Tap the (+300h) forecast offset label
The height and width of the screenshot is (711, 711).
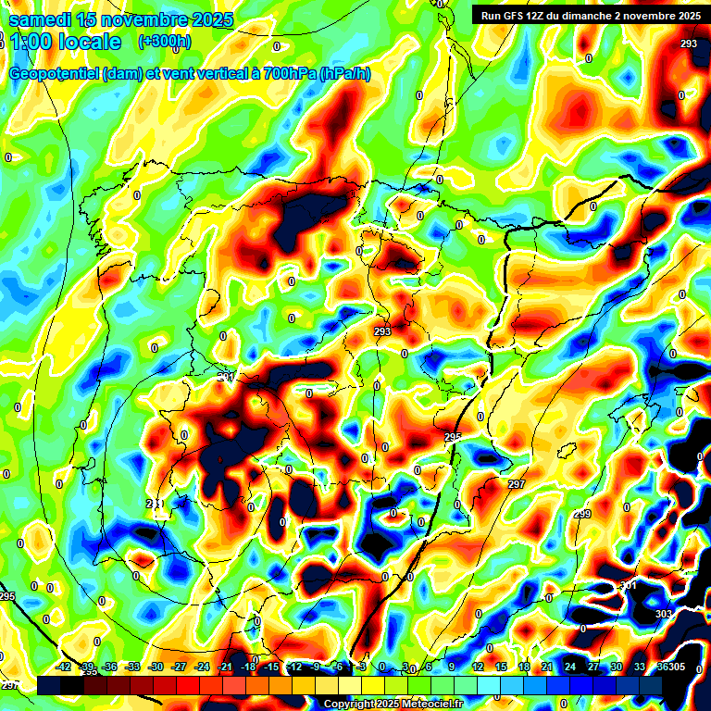(165, 42)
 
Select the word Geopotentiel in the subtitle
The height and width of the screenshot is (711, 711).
(55, 74)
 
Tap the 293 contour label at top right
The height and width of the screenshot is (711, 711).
(688, 44)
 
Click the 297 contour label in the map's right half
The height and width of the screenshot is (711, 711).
(517, 484)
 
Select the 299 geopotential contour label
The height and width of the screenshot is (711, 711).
(581, 514)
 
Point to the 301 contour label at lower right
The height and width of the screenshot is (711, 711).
(629, 585)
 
